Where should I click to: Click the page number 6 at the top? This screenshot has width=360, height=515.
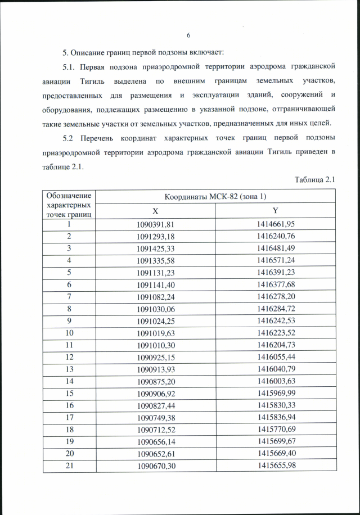pos(188,37)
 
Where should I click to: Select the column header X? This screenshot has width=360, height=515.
pos(155,210)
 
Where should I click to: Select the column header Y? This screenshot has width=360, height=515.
pos(276,210)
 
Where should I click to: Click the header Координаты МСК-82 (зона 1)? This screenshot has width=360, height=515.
pos(215,196)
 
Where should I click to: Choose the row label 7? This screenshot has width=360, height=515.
pos(68,296)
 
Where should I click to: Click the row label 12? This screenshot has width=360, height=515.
pos(68,357)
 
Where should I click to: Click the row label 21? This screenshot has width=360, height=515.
pos(68,466)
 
